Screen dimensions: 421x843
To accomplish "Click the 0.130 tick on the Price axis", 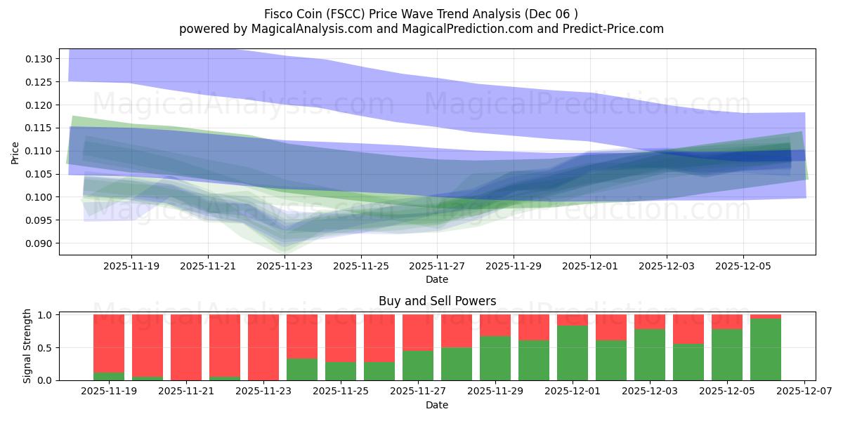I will tap(40, 59).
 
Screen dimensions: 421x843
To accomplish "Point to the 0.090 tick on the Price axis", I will tap(40, 243).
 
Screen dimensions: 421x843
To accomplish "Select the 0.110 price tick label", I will tap(40, 151).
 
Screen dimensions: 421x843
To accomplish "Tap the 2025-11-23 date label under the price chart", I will tap(285, 267).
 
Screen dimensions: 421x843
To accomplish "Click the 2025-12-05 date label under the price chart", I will tap(743, 267).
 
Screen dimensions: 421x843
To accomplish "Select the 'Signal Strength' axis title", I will tap(27, 346).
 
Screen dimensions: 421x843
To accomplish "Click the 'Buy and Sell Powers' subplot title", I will tap(437, 301).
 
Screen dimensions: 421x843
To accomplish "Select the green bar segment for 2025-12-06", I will tap(766, 349).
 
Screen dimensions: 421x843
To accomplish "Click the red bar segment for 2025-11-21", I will tap(186, 347).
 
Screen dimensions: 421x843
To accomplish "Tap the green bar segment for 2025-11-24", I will tap(302, 370).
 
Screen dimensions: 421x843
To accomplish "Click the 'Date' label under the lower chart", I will tap(437, 405).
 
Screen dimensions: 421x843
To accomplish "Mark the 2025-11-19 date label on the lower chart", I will tap(109, 392).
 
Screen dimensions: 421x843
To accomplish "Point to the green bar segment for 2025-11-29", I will tap(495, 359).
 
